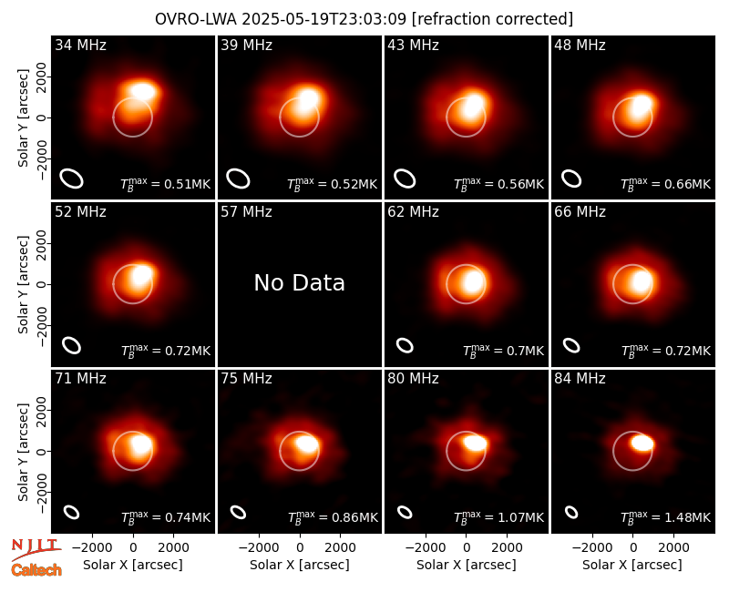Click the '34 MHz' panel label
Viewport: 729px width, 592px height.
[x=80, y=45]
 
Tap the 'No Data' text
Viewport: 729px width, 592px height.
[x=300, y=282]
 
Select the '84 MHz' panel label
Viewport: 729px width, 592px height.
[x=580, y=379]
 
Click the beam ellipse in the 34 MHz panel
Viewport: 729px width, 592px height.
[x=71, y=179]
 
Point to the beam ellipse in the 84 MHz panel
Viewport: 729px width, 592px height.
[x=571, y=512]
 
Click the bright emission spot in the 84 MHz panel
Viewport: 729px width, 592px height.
[x=642, y=443]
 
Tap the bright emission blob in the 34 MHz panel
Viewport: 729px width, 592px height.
[x=143, y=91]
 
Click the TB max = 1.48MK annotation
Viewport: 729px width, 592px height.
[x=666, y=517]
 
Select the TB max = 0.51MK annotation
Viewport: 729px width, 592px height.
[x=166, y=184]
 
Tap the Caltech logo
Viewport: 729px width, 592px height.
[x=36, y=570]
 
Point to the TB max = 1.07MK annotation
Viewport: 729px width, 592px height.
[x=498, y=517]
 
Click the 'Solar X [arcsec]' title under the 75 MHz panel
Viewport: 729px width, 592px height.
[x=300, y=565]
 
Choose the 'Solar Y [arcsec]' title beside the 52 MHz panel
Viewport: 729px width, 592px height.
[x=23, y=284]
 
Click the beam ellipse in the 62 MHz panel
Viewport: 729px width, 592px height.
[x=405, y=345]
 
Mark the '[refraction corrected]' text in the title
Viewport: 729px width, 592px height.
[x=492, y=19]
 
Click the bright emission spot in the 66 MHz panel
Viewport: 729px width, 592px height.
[x=642, y=282]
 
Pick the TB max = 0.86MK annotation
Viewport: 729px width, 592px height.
[x=333, y=517]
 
